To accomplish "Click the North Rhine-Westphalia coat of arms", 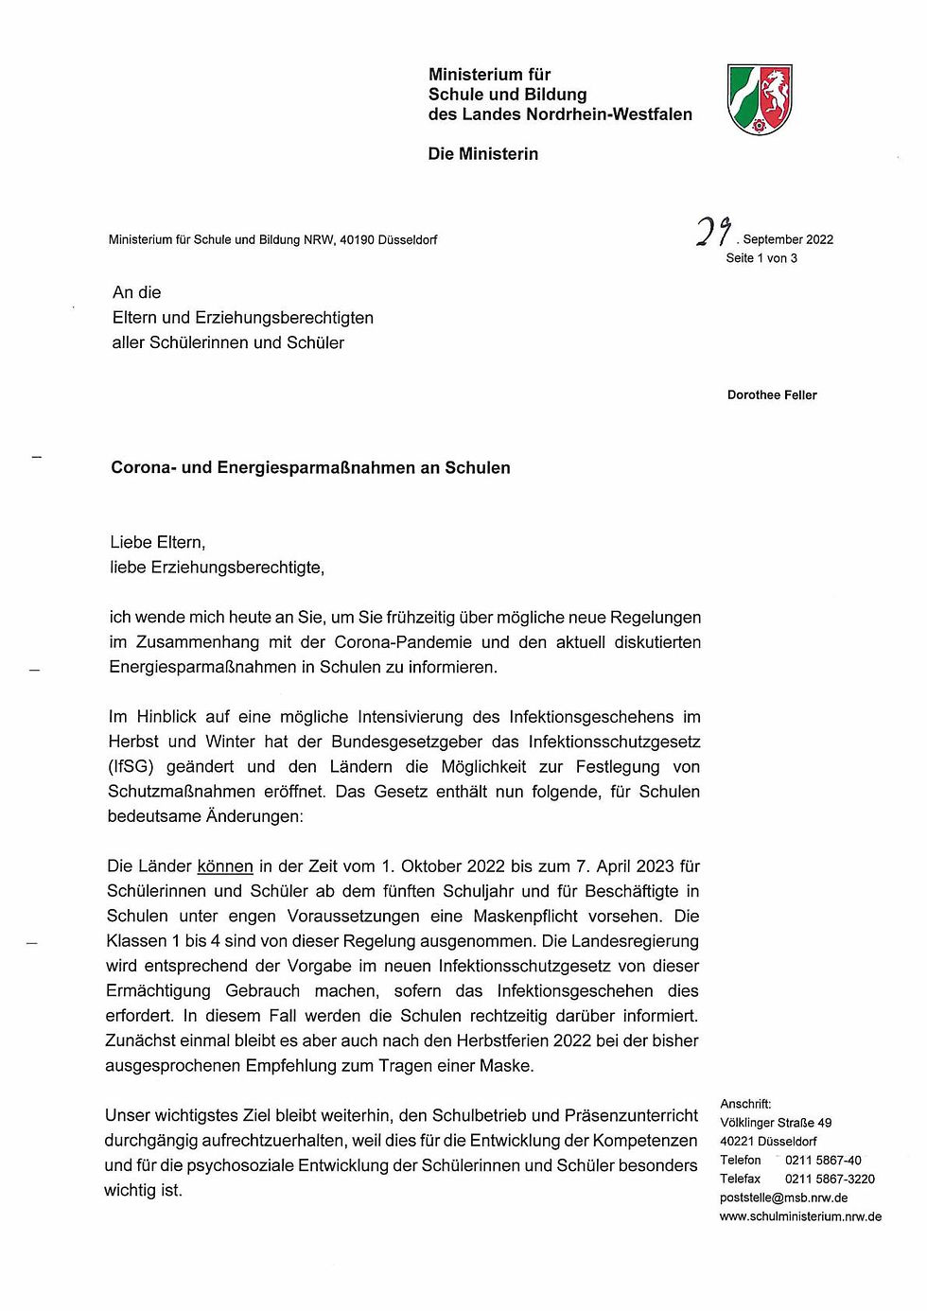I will click(760, 99).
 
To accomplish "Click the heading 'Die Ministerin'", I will click(482, 154).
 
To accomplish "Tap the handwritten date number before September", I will click(714, 232).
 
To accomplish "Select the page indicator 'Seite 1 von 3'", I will click(761, 258).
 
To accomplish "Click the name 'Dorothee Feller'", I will click(772, 395).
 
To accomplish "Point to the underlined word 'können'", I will click(225, 866).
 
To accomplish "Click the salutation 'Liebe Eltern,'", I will click(158, 543).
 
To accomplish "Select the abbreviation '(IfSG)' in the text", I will click(131, 767).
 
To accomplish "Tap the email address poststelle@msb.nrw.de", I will click(783, 1197).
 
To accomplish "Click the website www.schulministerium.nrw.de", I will click(800, 1216).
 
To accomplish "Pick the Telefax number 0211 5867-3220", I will click(830, 1179).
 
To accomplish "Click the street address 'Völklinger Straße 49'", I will click(776, 1123).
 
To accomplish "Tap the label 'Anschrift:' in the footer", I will click(745, 1104).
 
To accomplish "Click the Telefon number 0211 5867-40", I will click(823, 1161).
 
